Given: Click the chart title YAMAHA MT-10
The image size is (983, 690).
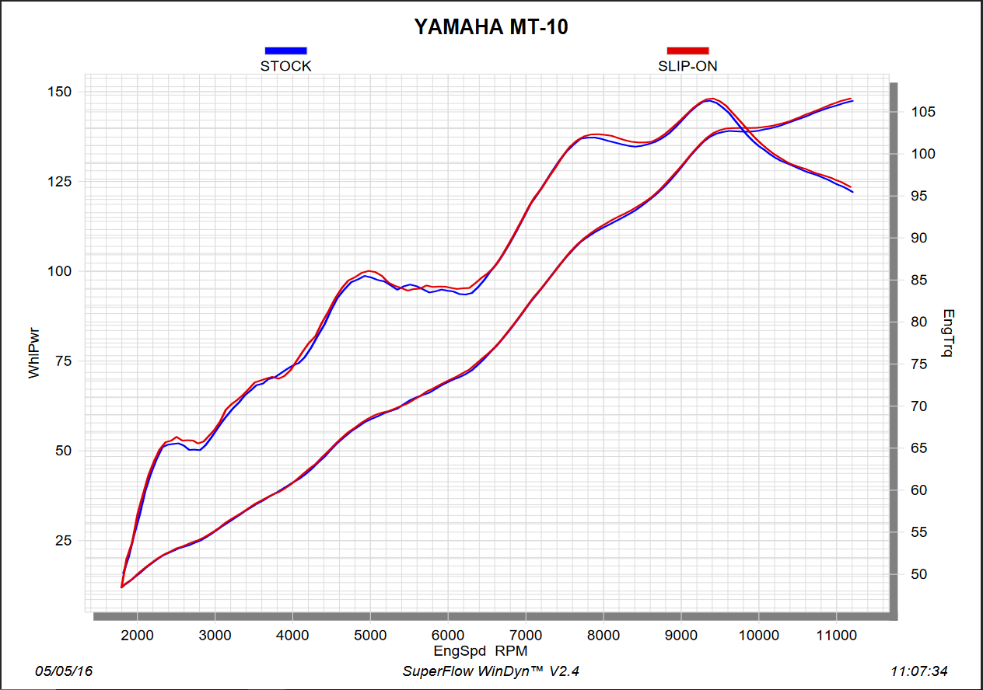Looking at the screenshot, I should coord(491,27).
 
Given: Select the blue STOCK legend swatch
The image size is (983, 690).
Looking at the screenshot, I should coord(285,51).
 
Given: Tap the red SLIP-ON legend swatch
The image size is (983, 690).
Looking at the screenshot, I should coord(687,51).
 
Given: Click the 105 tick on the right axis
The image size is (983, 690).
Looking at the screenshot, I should coord(924,112).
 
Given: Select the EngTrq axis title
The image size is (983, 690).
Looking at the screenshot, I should coord(948,333).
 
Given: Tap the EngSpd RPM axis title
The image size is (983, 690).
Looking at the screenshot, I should coord(481,650).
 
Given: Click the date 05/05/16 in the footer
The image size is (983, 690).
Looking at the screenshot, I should coord(64,671).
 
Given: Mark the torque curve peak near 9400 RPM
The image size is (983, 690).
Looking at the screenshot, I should coord(711,99).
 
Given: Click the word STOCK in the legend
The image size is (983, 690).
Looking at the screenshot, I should coord(285,66).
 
